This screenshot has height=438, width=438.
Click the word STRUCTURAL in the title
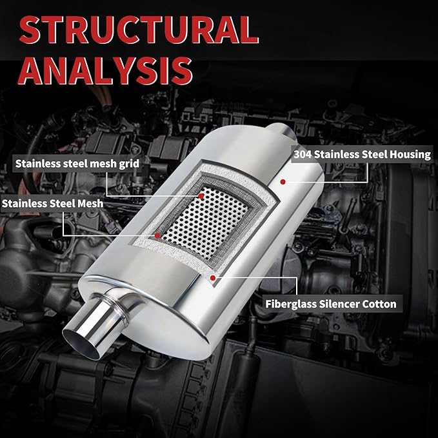(x=139, y=30)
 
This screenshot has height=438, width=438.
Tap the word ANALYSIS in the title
(x=105, y=71)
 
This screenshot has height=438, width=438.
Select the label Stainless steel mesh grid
(x=77, y=164)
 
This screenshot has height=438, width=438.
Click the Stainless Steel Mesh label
(x=52, y=203)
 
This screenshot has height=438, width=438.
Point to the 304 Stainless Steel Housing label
(x=363, y=154)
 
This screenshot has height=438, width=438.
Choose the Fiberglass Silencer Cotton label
(x=331, y=304)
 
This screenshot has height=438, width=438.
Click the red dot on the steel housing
(x=283, y=182)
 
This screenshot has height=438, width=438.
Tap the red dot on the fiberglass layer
(x=213, y=277)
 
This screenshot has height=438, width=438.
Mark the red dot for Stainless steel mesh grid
(x=201, y=196)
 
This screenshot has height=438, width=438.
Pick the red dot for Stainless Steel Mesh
(x=157, y=235)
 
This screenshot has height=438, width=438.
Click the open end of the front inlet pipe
(x=81, y=344)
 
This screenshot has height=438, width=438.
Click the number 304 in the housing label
(x=303, y=154)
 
